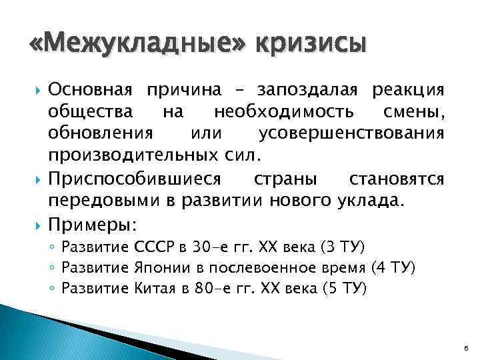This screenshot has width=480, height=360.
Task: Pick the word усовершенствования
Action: pyautogui.click(x=351, y=135)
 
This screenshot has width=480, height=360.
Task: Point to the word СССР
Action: pyautogui.click(x=155, y=249)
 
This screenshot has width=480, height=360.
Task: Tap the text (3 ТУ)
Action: pyautogui.click(x=341, y=249)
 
